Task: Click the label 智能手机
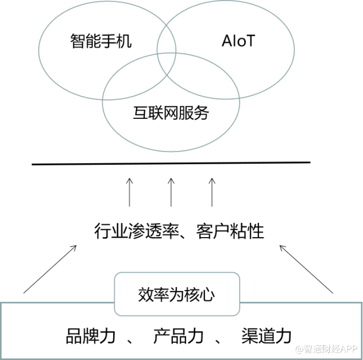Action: (x=101, y=41)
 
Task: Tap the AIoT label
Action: (x=238, y=41)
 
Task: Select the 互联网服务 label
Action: (x=171, y=113)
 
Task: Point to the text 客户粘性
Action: (x=230, y=231)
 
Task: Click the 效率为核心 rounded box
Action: (x=177, y=294)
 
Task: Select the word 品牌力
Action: (x=91, y=336)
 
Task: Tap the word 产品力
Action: (x=178, y=336)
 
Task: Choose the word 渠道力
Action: (x=267, y=336)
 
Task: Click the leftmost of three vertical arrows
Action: (x=129, y=192)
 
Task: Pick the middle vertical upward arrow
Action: (x=171, y=192)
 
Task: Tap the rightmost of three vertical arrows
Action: (x=212, y=192)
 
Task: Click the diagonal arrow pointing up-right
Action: (x=50, y=269)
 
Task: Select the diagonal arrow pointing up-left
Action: (x=306, y=269)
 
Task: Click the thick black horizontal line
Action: (x=171, y=163)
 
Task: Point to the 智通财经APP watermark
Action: (x=326, y=349)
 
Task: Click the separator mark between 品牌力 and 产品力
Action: (x=130, y=340)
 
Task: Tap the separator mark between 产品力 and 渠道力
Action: (x=218, y=340)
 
